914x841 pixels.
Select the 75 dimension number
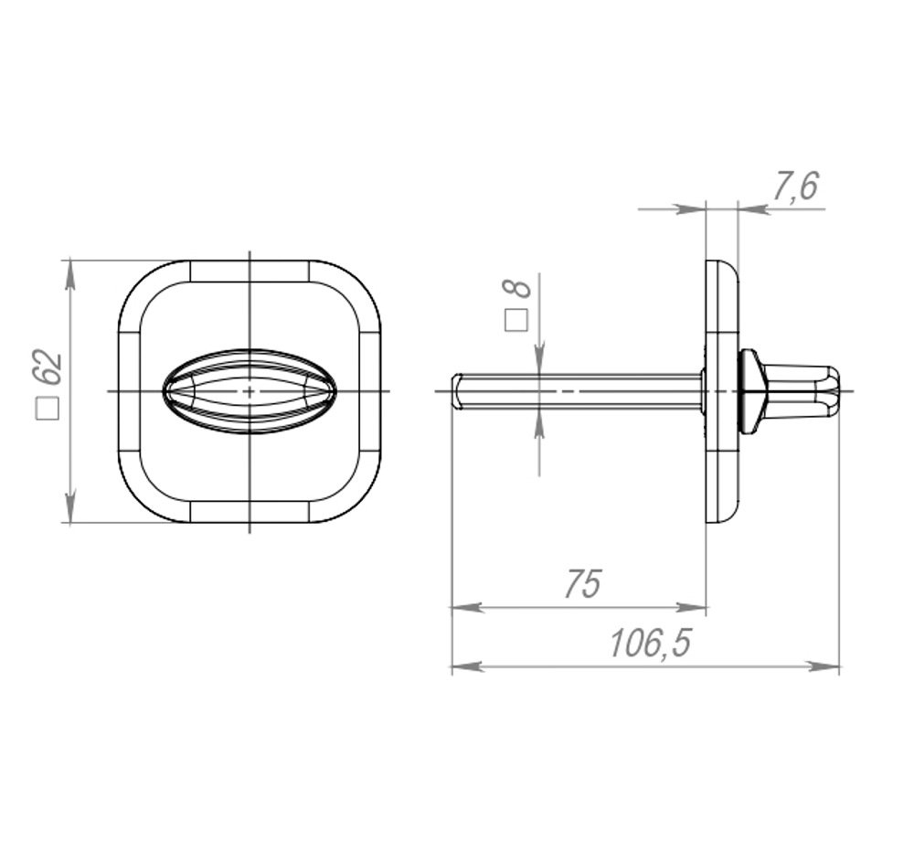click(x=581, y=584)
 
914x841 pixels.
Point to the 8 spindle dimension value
click(x=518, y=289)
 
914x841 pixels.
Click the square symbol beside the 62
click(x=48, y=409)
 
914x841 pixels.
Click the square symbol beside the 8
click(x=517, y=320)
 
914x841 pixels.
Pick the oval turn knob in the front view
click(x=250, y=391)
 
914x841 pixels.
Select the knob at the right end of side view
click(x=804, y=391)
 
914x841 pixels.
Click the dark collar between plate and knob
click(x=750, y=391)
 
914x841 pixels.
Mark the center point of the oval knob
click(x=250, y=391)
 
